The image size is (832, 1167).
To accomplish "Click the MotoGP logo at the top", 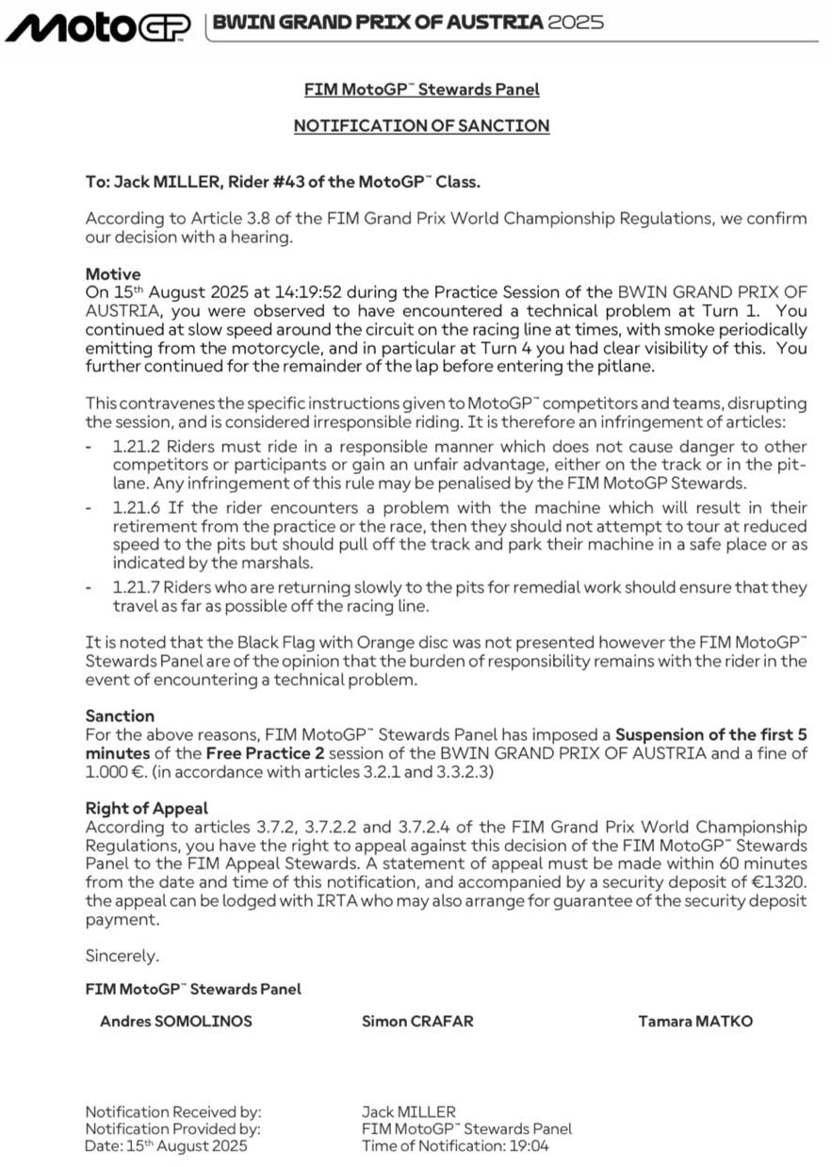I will (x=98, y=26).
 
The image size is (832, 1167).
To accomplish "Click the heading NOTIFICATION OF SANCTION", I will (x=421, y=125).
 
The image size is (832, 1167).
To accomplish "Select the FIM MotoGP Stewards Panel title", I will (x=421, y=90).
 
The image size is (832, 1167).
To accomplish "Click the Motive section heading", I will (x=112, y=274).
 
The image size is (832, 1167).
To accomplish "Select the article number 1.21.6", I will (x=133, y=507).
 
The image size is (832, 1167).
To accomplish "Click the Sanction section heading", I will (x=120, y=715).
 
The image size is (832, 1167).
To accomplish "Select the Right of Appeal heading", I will (x=147, y=809).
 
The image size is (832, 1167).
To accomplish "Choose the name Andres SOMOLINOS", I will (x=176, y=1021).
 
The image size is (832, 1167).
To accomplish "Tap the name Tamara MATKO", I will (x=695, y=1021).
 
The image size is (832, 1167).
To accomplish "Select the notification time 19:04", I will (x=530, y=1146).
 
